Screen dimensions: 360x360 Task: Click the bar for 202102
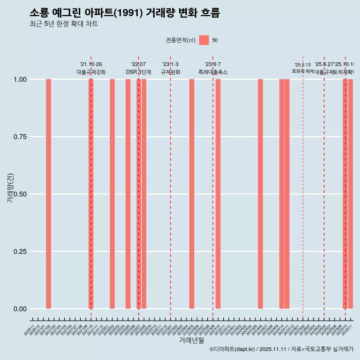[48, 194]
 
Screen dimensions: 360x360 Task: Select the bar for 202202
[112, 194]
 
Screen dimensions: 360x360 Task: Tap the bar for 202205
[128, 194]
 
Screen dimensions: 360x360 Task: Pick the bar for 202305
[192, 194]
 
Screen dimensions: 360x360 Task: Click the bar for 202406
[260, 194]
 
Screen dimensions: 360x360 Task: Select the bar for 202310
[218, 194]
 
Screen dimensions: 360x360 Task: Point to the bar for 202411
[287, 194]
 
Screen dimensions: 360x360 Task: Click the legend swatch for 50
[204, 40]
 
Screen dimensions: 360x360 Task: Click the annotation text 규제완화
[171, 72]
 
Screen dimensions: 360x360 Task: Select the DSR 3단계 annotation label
[138, 72]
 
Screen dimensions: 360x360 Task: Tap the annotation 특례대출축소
[213, 72]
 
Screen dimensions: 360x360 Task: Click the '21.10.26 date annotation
[91, 64]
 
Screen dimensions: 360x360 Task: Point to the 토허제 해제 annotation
[303, 71]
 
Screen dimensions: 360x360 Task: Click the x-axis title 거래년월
[191, 340]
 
